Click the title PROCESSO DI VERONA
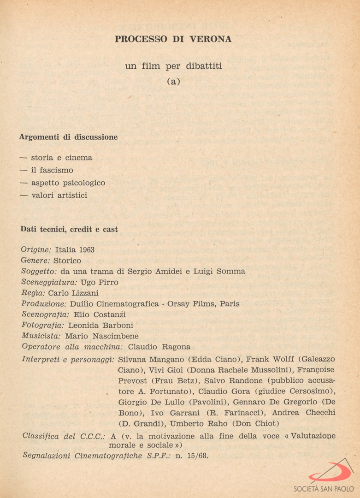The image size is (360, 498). point(173,39)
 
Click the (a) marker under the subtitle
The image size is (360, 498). point(173,82)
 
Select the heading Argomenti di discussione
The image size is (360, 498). point(68,137)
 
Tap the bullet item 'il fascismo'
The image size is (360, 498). point(52,170)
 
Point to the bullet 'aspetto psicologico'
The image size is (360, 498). point(68,183)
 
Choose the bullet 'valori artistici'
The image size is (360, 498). point(59,195)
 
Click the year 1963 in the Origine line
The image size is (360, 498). point(87,249)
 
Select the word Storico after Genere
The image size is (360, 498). point(67,261)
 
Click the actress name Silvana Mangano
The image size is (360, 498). point(147,359)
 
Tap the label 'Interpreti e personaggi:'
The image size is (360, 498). point(68,359)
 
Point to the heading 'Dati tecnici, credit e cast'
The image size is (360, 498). point(69,229)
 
